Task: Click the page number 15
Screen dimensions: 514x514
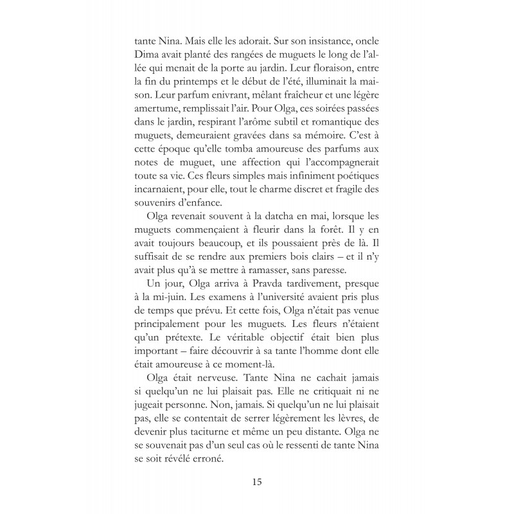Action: pos(257,481)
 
